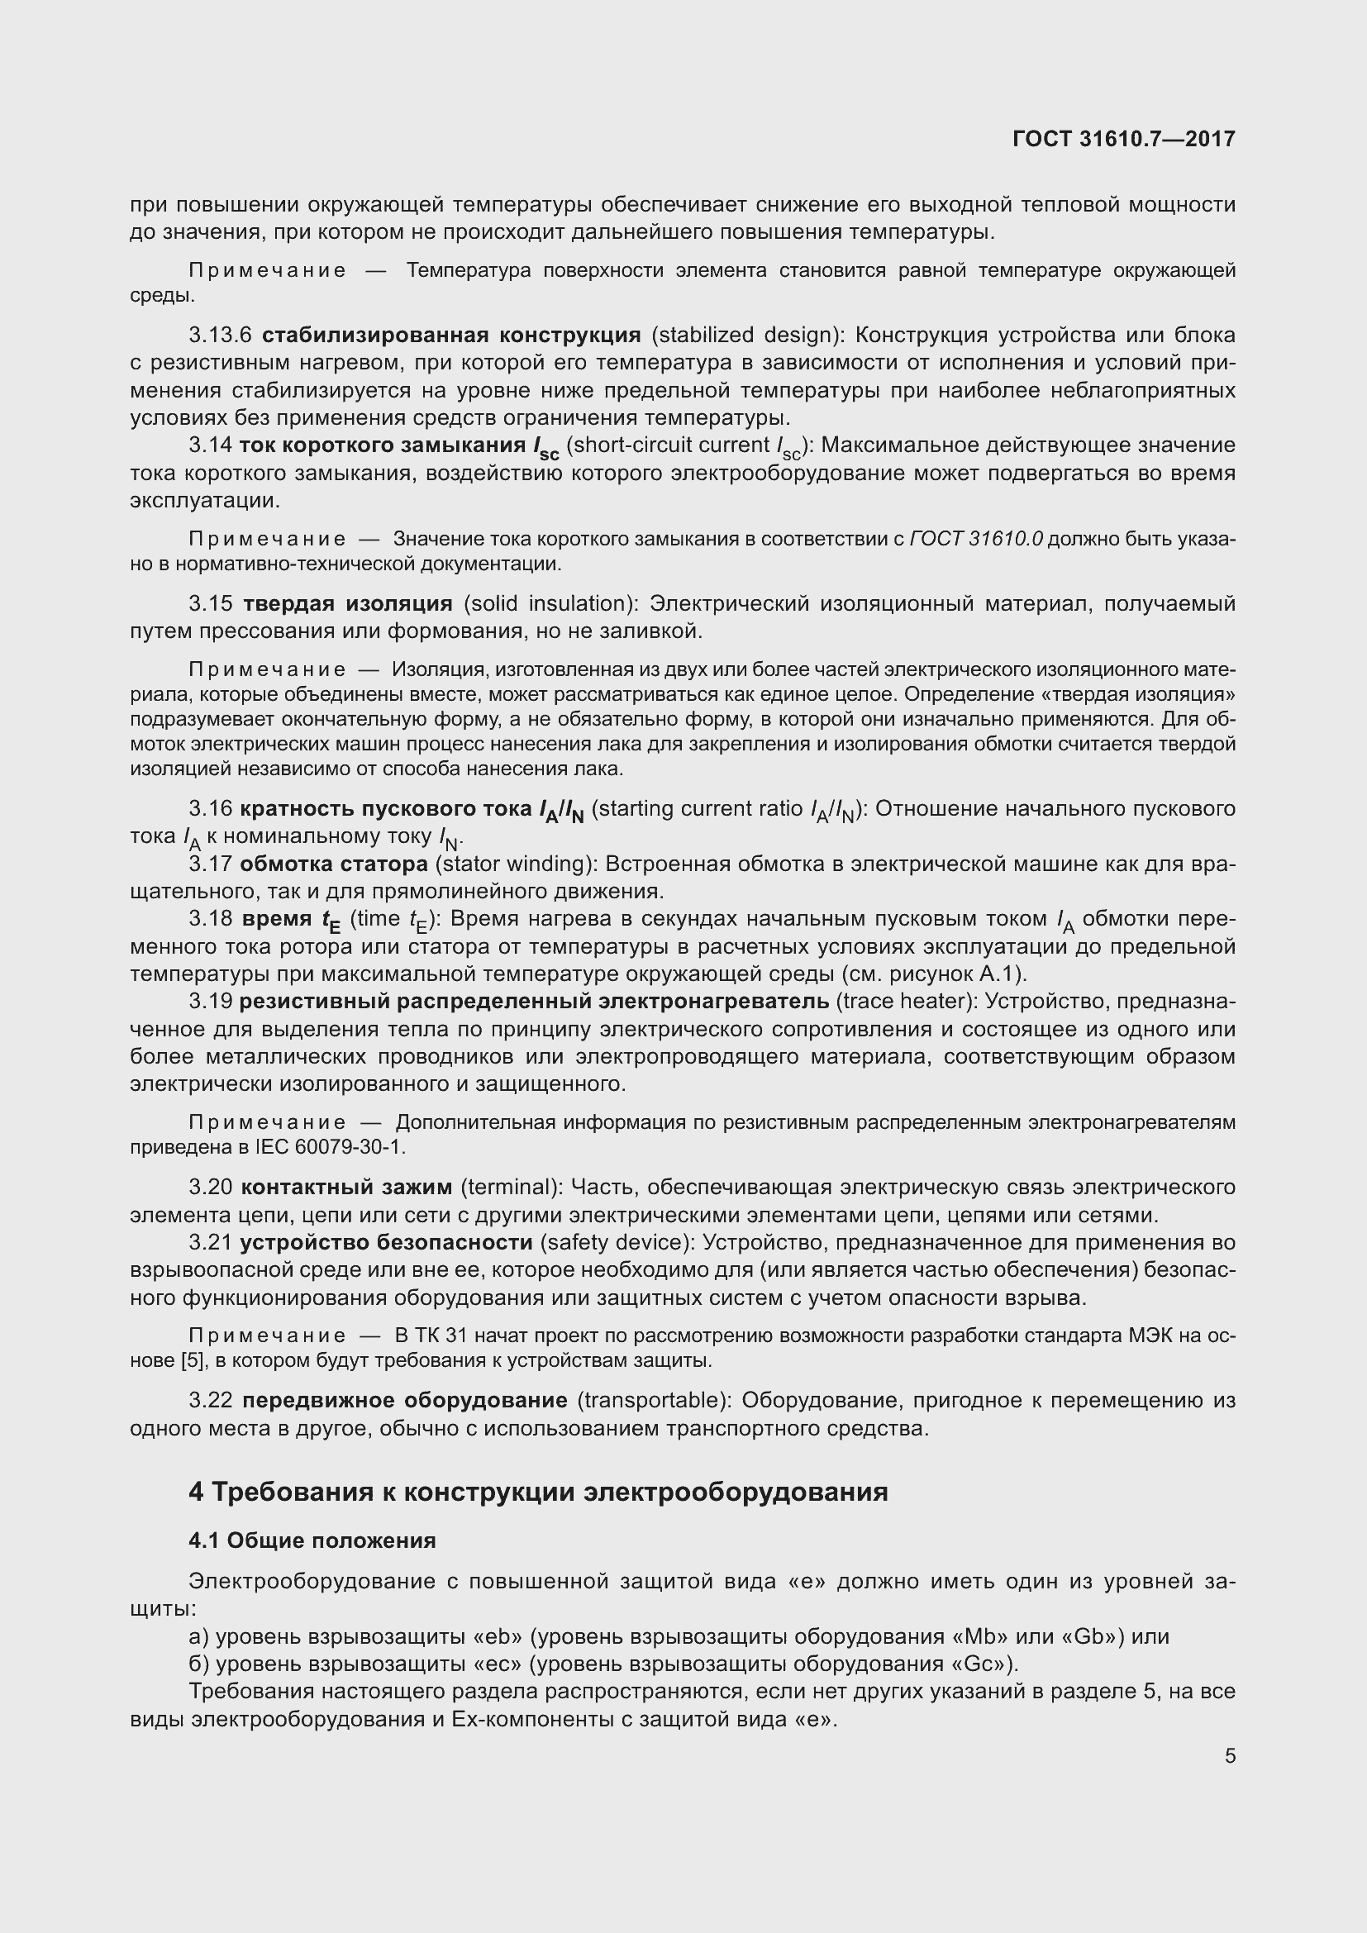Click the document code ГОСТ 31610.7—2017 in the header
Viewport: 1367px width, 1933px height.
[x=1124, y=139]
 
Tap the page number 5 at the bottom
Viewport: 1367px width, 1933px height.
[x=1230, y=1755]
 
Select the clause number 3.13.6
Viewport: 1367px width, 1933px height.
[x=221, y=335]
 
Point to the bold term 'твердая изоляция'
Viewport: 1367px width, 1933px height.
[x=348, y=602]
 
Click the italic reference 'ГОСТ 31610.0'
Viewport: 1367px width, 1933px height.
[x=975, y=539]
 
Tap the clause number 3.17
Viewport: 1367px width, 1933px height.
[x=211, y=864]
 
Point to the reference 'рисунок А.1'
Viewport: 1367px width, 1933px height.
[x=957, y=974]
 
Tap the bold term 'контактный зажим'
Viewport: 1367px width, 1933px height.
[x=346, y=1187]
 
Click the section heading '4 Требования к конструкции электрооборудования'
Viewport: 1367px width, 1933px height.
[x=539, y=1492]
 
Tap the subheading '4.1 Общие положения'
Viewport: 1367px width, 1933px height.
[x=312, y=1540]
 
